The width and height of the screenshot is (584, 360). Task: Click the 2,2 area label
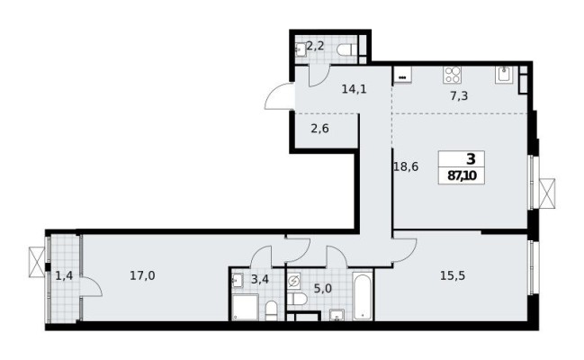pos(317,46)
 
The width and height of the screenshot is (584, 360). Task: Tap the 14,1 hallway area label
pos(352,88)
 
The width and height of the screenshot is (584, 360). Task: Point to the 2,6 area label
pos(320,128)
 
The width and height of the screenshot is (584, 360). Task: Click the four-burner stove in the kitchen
pos(450,75)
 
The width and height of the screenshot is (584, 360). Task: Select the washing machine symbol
pos(293,281)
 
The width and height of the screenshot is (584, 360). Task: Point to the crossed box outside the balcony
pos(36,260)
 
